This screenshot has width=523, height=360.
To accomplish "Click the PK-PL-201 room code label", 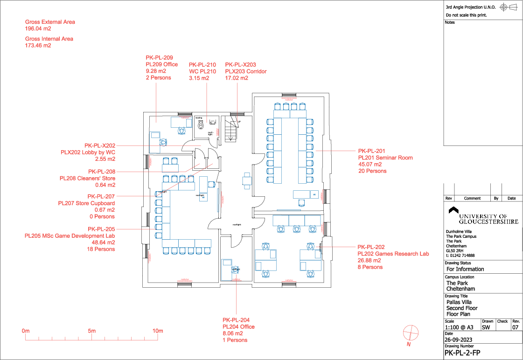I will click(x=371, y=151).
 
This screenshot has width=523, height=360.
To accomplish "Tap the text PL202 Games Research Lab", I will click(x=393, y=254).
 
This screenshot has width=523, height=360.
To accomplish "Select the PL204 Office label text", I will click(x=238, y=327).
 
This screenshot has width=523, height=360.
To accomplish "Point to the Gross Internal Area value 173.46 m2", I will click(x=38, y=46).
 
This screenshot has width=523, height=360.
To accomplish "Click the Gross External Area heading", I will click(x=50, y=22).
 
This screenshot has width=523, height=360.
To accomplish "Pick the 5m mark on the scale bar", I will click(x=92, y=331).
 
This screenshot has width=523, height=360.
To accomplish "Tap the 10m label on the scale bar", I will click(x=158, y=331).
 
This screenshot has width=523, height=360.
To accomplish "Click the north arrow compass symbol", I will click(x=410, y=332).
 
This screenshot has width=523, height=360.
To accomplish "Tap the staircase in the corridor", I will click(x=230, y=129).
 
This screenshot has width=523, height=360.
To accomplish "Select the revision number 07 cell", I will click(x=516, y=328).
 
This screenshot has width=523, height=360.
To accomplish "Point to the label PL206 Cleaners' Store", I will click(x=87, y=179).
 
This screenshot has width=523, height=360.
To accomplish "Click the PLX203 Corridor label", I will click(x=246, y=71).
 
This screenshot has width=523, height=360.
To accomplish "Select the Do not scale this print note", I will click(x=466, y=15).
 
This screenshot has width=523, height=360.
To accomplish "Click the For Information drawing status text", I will click(x=465, y=269).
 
